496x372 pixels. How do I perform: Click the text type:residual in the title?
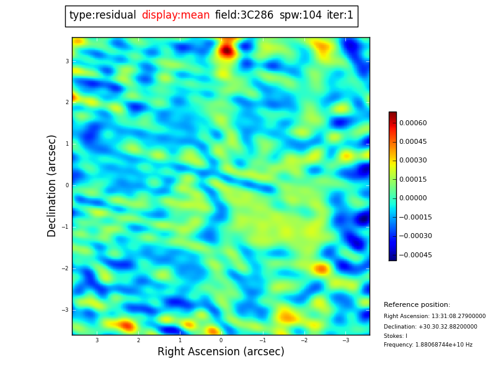click(102, 15)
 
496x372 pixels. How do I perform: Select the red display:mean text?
click(175, 15)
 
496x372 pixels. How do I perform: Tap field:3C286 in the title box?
click(244, 15)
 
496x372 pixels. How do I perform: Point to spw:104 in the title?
click(301, 15)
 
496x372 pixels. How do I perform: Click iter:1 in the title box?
click(340, 15)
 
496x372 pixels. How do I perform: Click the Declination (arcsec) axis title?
click(52, 185)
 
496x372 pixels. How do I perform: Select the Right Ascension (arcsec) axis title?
click(221, 352)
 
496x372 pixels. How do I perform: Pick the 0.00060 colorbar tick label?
click(412, 123)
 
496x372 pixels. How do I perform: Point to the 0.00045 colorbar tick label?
click(412, 142)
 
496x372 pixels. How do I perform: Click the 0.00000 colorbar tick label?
click(412, 198)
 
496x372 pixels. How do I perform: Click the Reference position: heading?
click(417, 305)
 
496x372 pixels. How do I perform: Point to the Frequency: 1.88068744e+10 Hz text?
click(428, 345)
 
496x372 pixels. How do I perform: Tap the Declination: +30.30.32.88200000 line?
click(430, 327)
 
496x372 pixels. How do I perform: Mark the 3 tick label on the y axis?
click(67, 61)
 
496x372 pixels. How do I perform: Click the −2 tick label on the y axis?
click(65, 268)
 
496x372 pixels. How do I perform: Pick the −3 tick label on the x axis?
click(346, 340)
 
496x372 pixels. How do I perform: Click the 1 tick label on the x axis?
click(180, 340)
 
